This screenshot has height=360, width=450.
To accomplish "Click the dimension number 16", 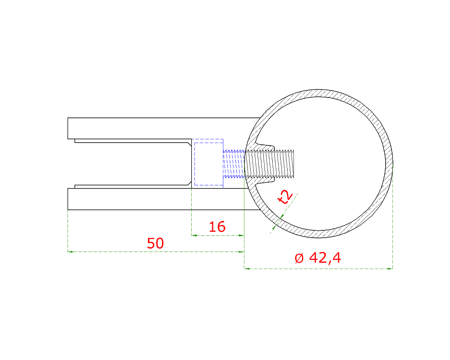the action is tap(217, 227).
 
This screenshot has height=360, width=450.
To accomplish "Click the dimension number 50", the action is tap(155, 243).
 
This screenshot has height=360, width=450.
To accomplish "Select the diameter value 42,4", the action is tap(325, 258).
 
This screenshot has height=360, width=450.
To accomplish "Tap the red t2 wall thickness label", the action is tap(285, 197).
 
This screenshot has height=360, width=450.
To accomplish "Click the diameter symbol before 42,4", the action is tap(299, 258).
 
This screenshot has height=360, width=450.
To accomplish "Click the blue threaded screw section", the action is tap(233, 164).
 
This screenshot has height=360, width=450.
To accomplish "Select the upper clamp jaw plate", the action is tap(164, 128).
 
